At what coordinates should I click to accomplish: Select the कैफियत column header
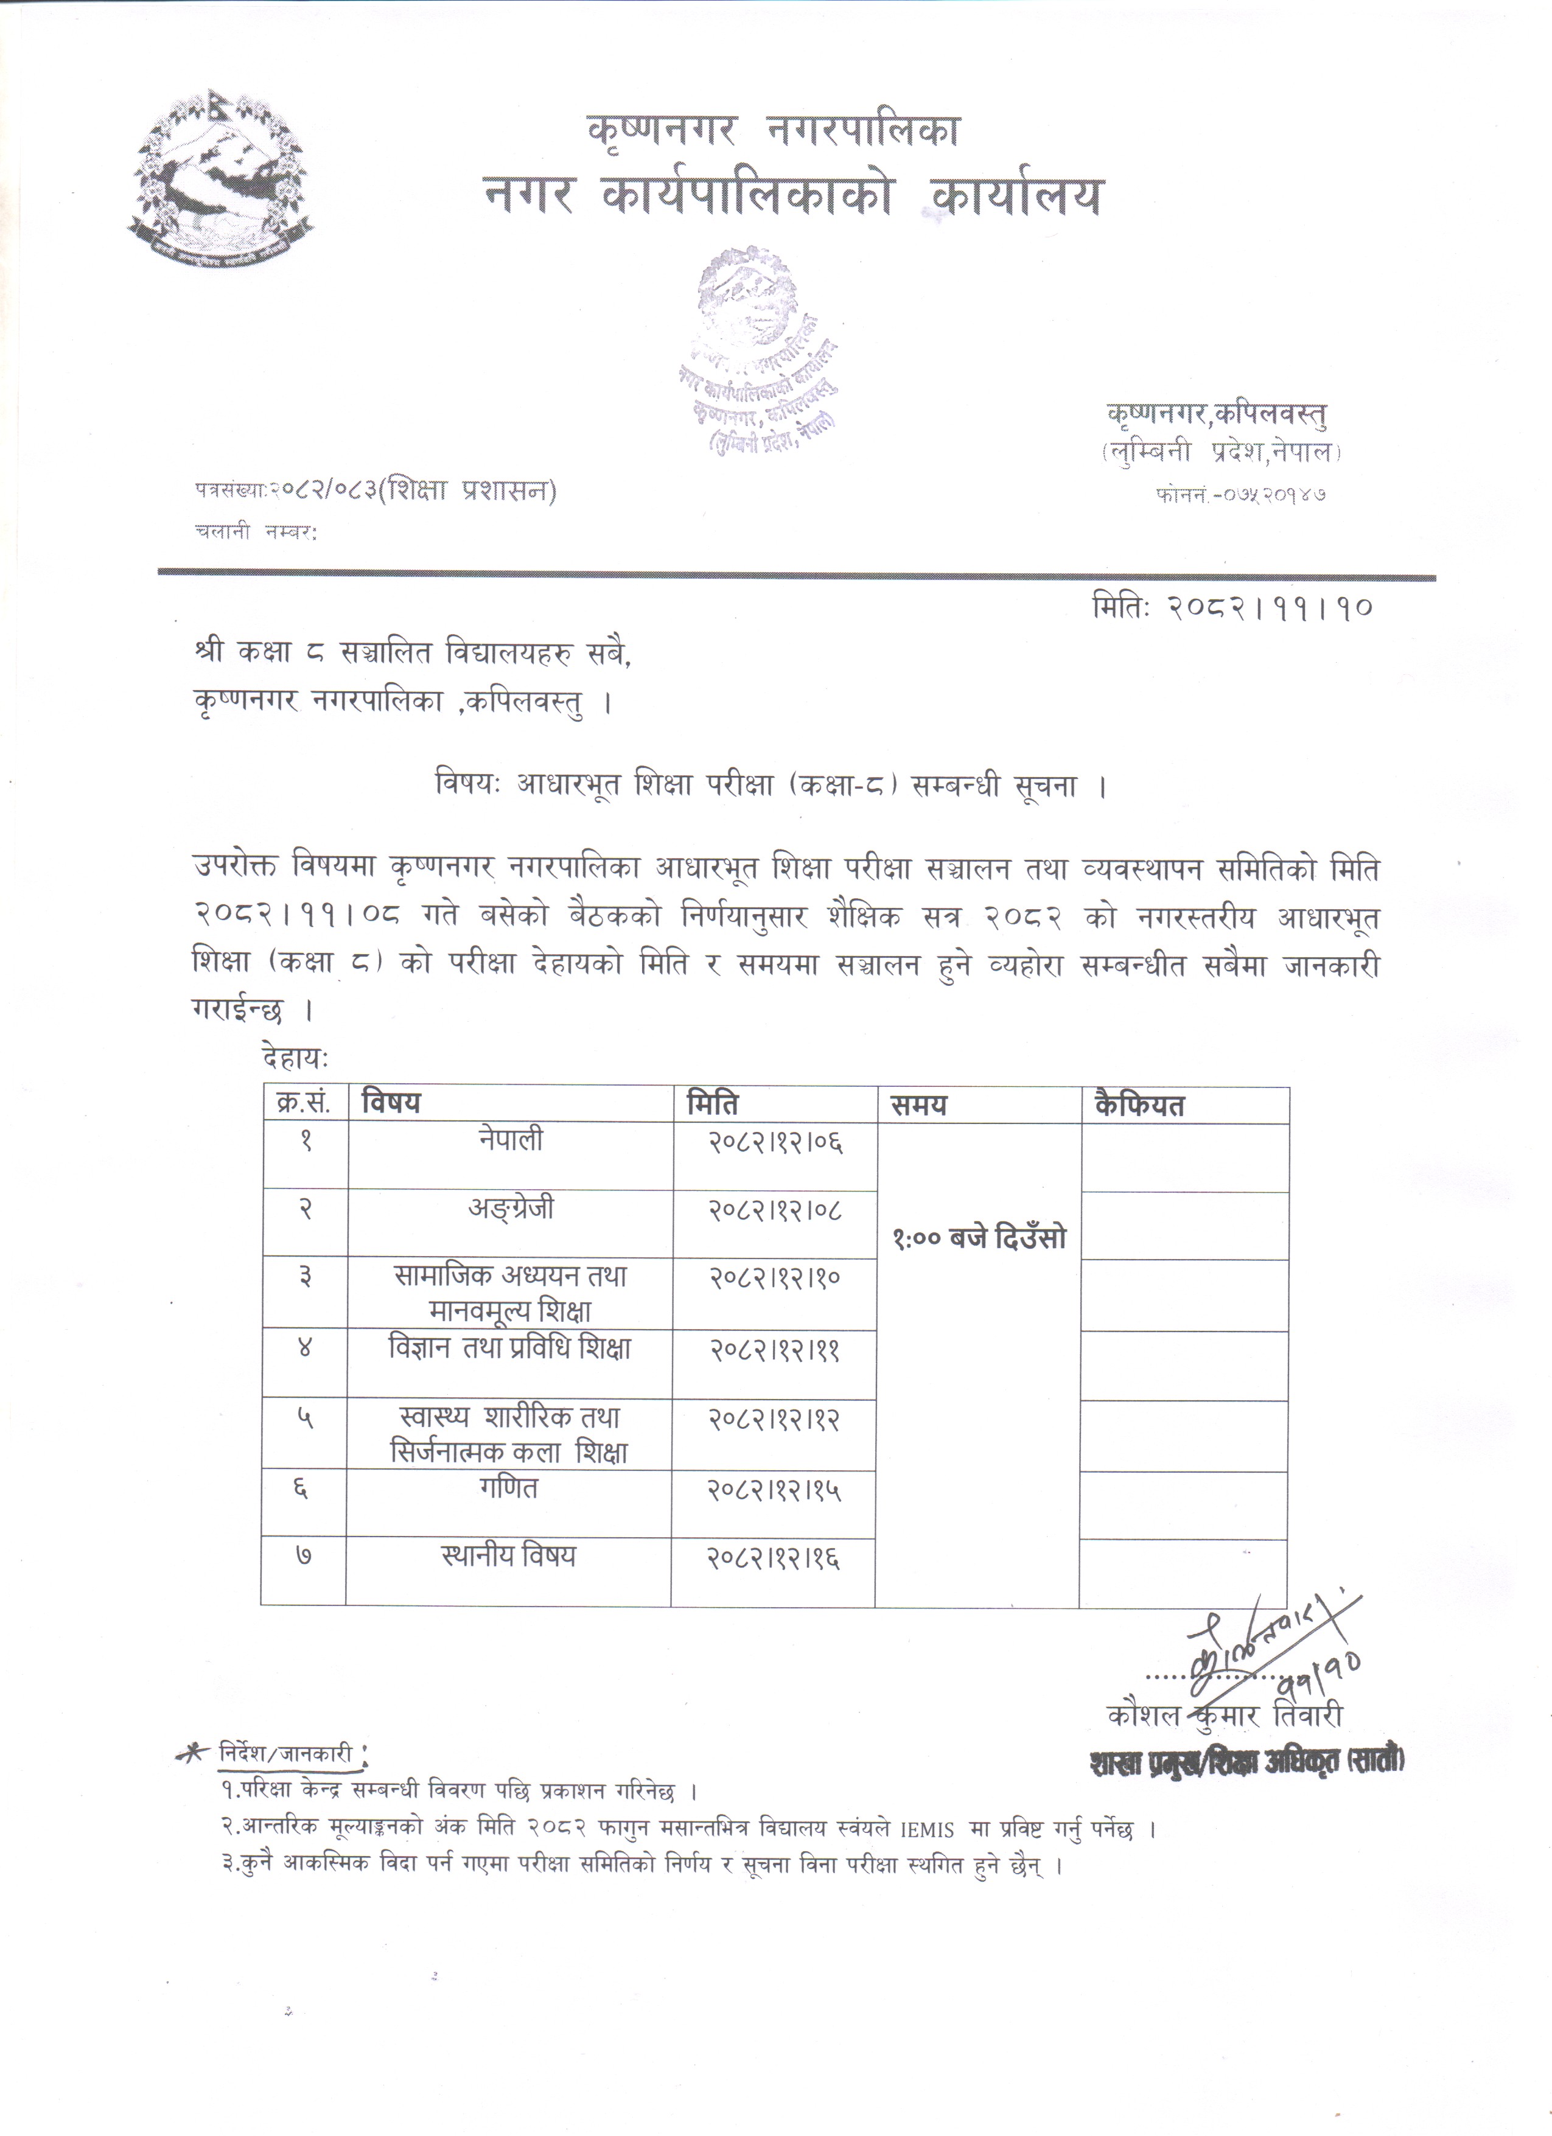(x=1139, y=1105)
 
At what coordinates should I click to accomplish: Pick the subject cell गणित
(x=509, y=1489)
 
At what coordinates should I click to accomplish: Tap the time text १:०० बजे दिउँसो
(x=979, y=1238)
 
